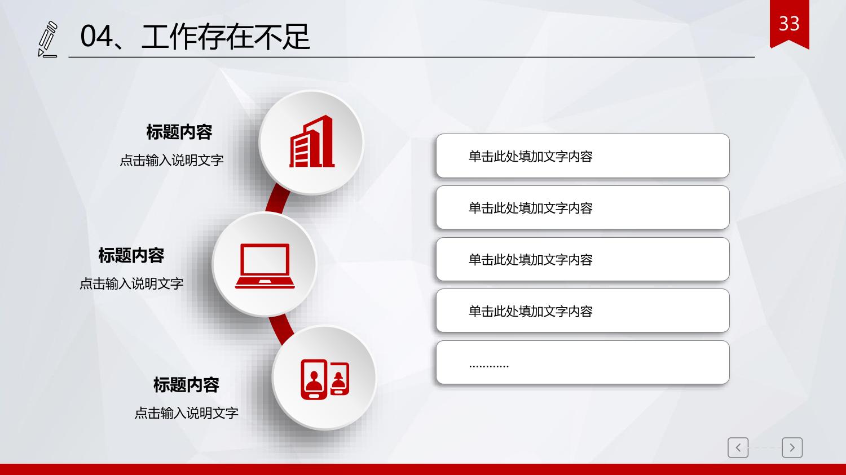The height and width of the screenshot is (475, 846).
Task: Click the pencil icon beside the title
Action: tap(48, 39)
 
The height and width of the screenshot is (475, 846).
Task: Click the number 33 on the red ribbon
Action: tap(789, 24)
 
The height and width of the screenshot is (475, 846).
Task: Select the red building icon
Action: tap(312, 141)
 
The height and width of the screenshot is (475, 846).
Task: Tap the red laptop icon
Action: tap(265, 266)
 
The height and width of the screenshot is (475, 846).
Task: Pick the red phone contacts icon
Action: tap(325, 379)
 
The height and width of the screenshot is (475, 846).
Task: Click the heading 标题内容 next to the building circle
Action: tap(179, 132)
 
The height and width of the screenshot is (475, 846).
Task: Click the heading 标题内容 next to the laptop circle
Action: tap(131, 255)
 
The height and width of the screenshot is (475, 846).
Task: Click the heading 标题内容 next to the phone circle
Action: tap(186, 385)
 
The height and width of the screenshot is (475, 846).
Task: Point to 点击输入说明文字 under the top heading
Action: tap(171, 161)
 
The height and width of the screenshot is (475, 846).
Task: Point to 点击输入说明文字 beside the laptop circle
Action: tap(131, 284)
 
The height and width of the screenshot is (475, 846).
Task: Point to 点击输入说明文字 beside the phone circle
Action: tap(186, 413)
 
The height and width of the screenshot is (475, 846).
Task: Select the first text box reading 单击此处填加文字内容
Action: tap(583, 156)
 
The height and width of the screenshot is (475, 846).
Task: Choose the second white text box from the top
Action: tap(583, 207)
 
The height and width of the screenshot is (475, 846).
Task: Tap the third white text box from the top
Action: tap(583, 259)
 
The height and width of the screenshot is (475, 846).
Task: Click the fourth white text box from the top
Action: tap(583, 310)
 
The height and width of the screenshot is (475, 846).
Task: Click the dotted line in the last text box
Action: tap(489, 366)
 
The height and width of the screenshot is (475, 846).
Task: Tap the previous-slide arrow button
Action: tap(738, 448)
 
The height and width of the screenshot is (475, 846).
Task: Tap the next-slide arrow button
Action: tap(792, 448)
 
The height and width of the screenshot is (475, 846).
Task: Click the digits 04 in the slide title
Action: tap(96, 36)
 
